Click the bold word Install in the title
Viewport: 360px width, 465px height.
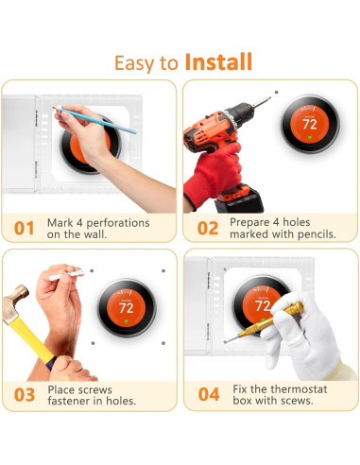tap(218, 62)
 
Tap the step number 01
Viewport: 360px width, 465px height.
tap(24, 229)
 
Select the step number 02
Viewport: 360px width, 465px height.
tap(208, 229)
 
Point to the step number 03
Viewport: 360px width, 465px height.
tap(25, 395)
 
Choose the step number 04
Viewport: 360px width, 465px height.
tap(209, 394)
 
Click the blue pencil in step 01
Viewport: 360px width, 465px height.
tap(95, 120)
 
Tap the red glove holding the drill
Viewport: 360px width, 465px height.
tap(214, 174)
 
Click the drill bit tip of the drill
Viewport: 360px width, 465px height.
tap(269, 98)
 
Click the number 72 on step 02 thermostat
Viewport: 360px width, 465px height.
tap(310, 124)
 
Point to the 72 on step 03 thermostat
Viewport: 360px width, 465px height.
tap(126, 308)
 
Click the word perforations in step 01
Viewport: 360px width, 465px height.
tap(118, 223)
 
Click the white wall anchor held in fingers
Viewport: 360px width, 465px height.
tap(66, 275)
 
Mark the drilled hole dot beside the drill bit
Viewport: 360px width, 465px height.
tap(277, 92)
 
